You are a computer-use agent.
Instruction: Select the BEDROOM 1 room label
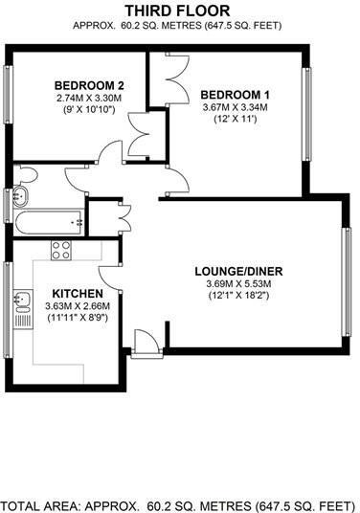236,94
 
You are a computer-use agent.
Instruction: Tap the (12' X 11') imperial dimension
236,122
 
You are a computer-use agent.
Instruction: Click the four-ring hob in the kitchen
62,251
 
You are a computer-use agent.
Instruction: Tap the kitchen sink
21,303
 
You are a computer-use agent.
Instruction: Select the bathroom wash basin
19,198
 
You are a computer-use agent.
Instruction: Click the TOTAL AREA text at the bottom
177,503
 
